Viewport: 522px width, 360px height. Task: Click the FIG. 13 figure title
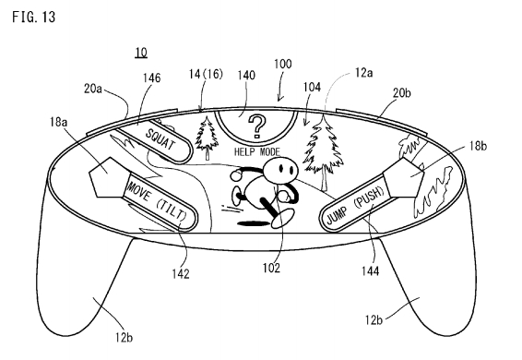click(33, 17)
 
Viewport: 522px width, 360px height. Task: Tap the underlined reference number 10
click(141, 53)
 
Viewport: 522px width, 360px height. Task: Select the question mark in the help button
click(257, 126)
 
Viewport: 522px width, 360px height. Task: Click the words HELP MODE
click(257, 152)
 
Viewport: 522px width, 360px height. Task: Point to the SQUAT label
click(160, 139)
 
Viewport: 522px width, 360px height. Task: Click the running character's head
click(280, 170)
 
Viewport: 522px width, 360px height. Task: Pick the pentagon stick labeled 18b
click(405, 177)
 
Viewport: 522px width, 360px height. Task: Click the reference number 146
click(152, 78)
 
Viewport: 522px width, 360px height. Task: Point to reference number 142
click(181, 274)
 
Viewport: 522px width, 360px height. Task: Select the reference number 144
click(371, 271)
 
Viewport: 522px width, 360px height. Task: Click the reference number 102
click(271, 268)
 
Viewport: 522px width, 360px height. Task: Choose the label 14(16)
click(206, 74)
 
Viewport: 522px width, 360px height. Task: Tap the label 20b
click(402, 92)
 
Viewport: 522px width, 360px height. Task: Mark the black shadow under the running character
click(253, 223)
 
